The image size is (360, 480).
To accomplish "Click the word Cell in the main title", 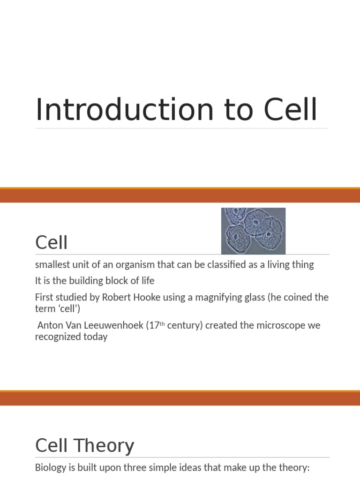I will [290, 110].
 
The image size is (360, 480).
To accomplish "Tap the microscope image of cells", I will [253, 231].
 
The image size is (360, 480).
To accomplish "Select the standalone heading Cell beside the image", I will [52, 243].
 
